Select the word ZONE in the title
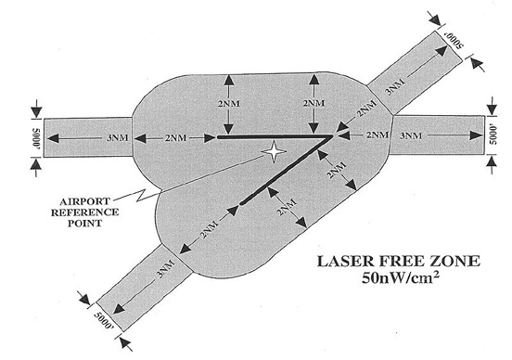coord(447,264)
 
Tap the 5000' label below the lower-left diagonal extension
coord(105,322)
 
